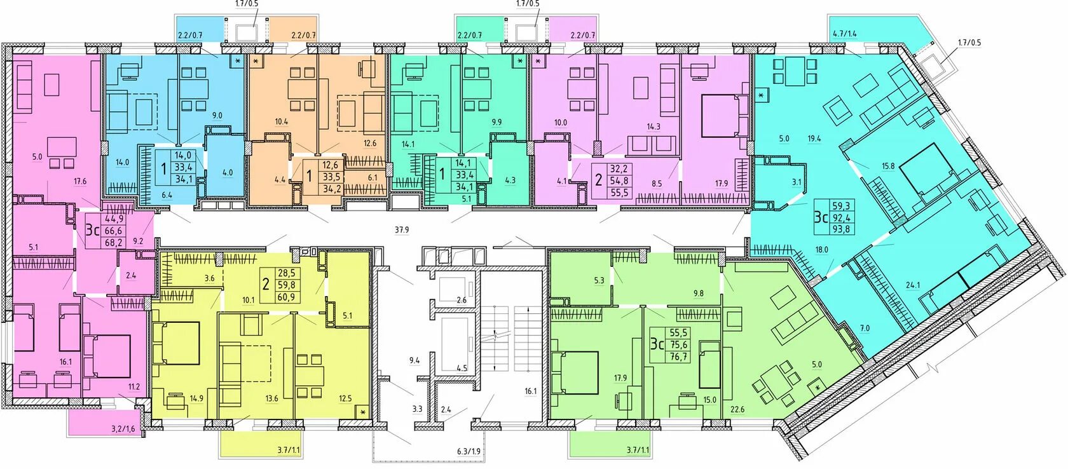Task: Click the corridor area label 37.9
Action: pyautogui.click(x=402, y=230)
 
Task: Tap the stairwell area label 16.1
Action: pyautogui.click(x=531, y=391)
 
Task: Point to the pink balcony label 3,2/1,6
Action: pyautogui.click(x=123, y=428)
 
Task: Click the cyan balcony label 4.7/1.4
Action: pyautogui.click(x=845, y=34)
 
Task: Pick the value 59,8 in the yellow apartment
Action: pyautogui.click(x=285, y=285)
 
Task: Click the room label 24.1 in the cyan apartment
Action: pyautogui.click(x=913, y=285)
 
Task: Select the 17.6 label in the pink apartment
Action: pyautogui.click(x=79, y=181)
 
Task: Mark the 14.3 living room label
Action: pyautogui.click(x=654, y=127)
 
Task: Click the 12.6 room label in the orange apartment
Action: pyautogui.click(x=370, y=143)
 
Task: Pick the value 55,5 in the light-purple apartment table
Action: pyautogui.click(x=619, y=193)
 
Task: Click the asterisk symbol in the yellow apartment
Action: pyautogui.click(x=362, y=412)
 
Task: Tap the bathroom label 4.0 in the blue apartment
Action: pyautogui.click(x=228, y=173)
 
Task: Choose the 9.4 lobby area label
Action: pyautogui.click(x=414, y=361)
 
